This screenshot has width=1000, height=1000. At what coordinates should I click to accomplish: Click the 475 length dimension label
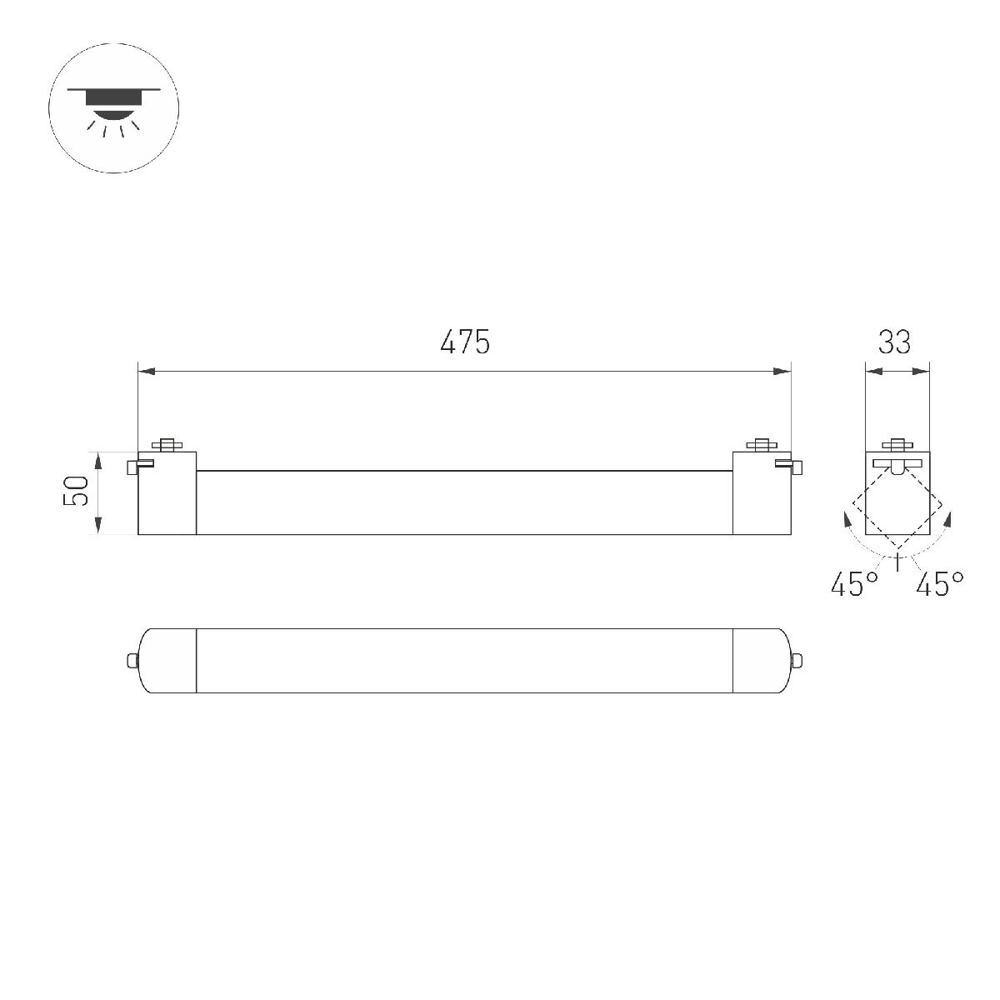(x=465, y=342)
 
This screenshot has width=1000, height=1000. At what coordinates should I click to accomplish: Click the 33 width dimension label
(x=894, y=342)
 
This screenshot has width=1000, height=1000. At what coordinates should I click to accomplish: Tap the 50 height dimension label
(x=77, y=492)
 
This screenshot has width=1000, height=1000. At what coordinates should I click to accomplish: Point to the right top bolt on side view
(x=761, y=444)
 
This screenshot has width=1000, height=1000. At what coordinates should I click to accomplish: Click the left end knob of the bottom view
(x=131, y=661)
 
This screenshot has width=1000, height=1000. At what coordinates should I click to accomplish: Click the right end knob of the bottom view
(x=797, y=661)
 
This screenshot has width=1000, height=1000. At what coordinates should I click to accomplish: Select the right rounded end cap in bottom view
(x=760, y=661)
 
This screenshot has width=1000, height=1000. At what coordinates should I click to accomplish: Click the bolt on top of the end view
(x=897, y=444)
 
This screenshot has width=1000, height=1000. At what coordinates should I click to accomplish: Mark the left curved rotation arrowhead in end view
(x=847, y=522)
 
